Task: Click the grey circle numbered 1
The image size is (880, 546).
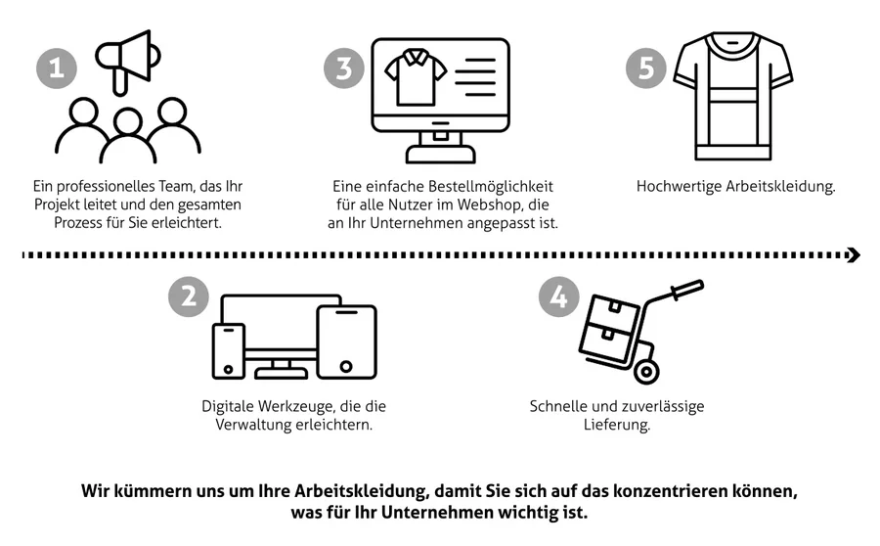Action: (x=57, y=68)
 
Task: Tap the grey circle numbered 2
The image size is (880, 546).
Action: (x=189, y=296)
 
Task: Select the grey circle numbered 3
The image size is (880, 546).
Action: (x=344, y=68)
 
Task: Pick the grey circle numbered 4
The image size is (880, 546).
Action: (x=559, y=296)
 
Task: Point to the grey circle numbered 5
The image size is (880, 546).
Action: (x=646, y=68)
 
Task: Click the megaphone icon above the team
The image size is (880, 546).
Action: (x=128, y=62)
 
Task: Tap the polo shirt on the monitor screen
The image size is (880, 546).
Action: (x=416, y=77)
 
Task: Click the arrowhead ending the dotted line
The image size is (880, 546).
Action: (x=854, y=255)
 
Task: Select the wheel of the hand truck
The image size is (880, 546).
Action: (x=646, y=371)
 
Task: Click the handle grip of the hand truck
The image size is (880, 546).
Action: (x=687, y=290)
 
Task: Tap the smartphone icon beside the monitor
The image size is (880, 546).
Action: (x=229, y=351)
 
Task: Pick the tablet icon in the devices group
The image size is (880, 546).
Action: (x=346, y=341)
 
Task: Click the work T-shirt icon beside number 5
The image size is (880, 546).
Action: (x=733, y=96)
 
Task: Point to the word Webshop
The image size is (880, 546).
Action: (x=489, y=205)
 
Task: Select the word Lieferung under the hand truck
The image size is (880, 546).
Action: (x=617, y=425)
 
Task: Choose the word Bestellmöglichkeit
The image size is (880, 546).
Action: (x=491, y=186)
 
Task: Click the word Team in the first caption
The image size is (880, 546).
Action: (x=176, y=186)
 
